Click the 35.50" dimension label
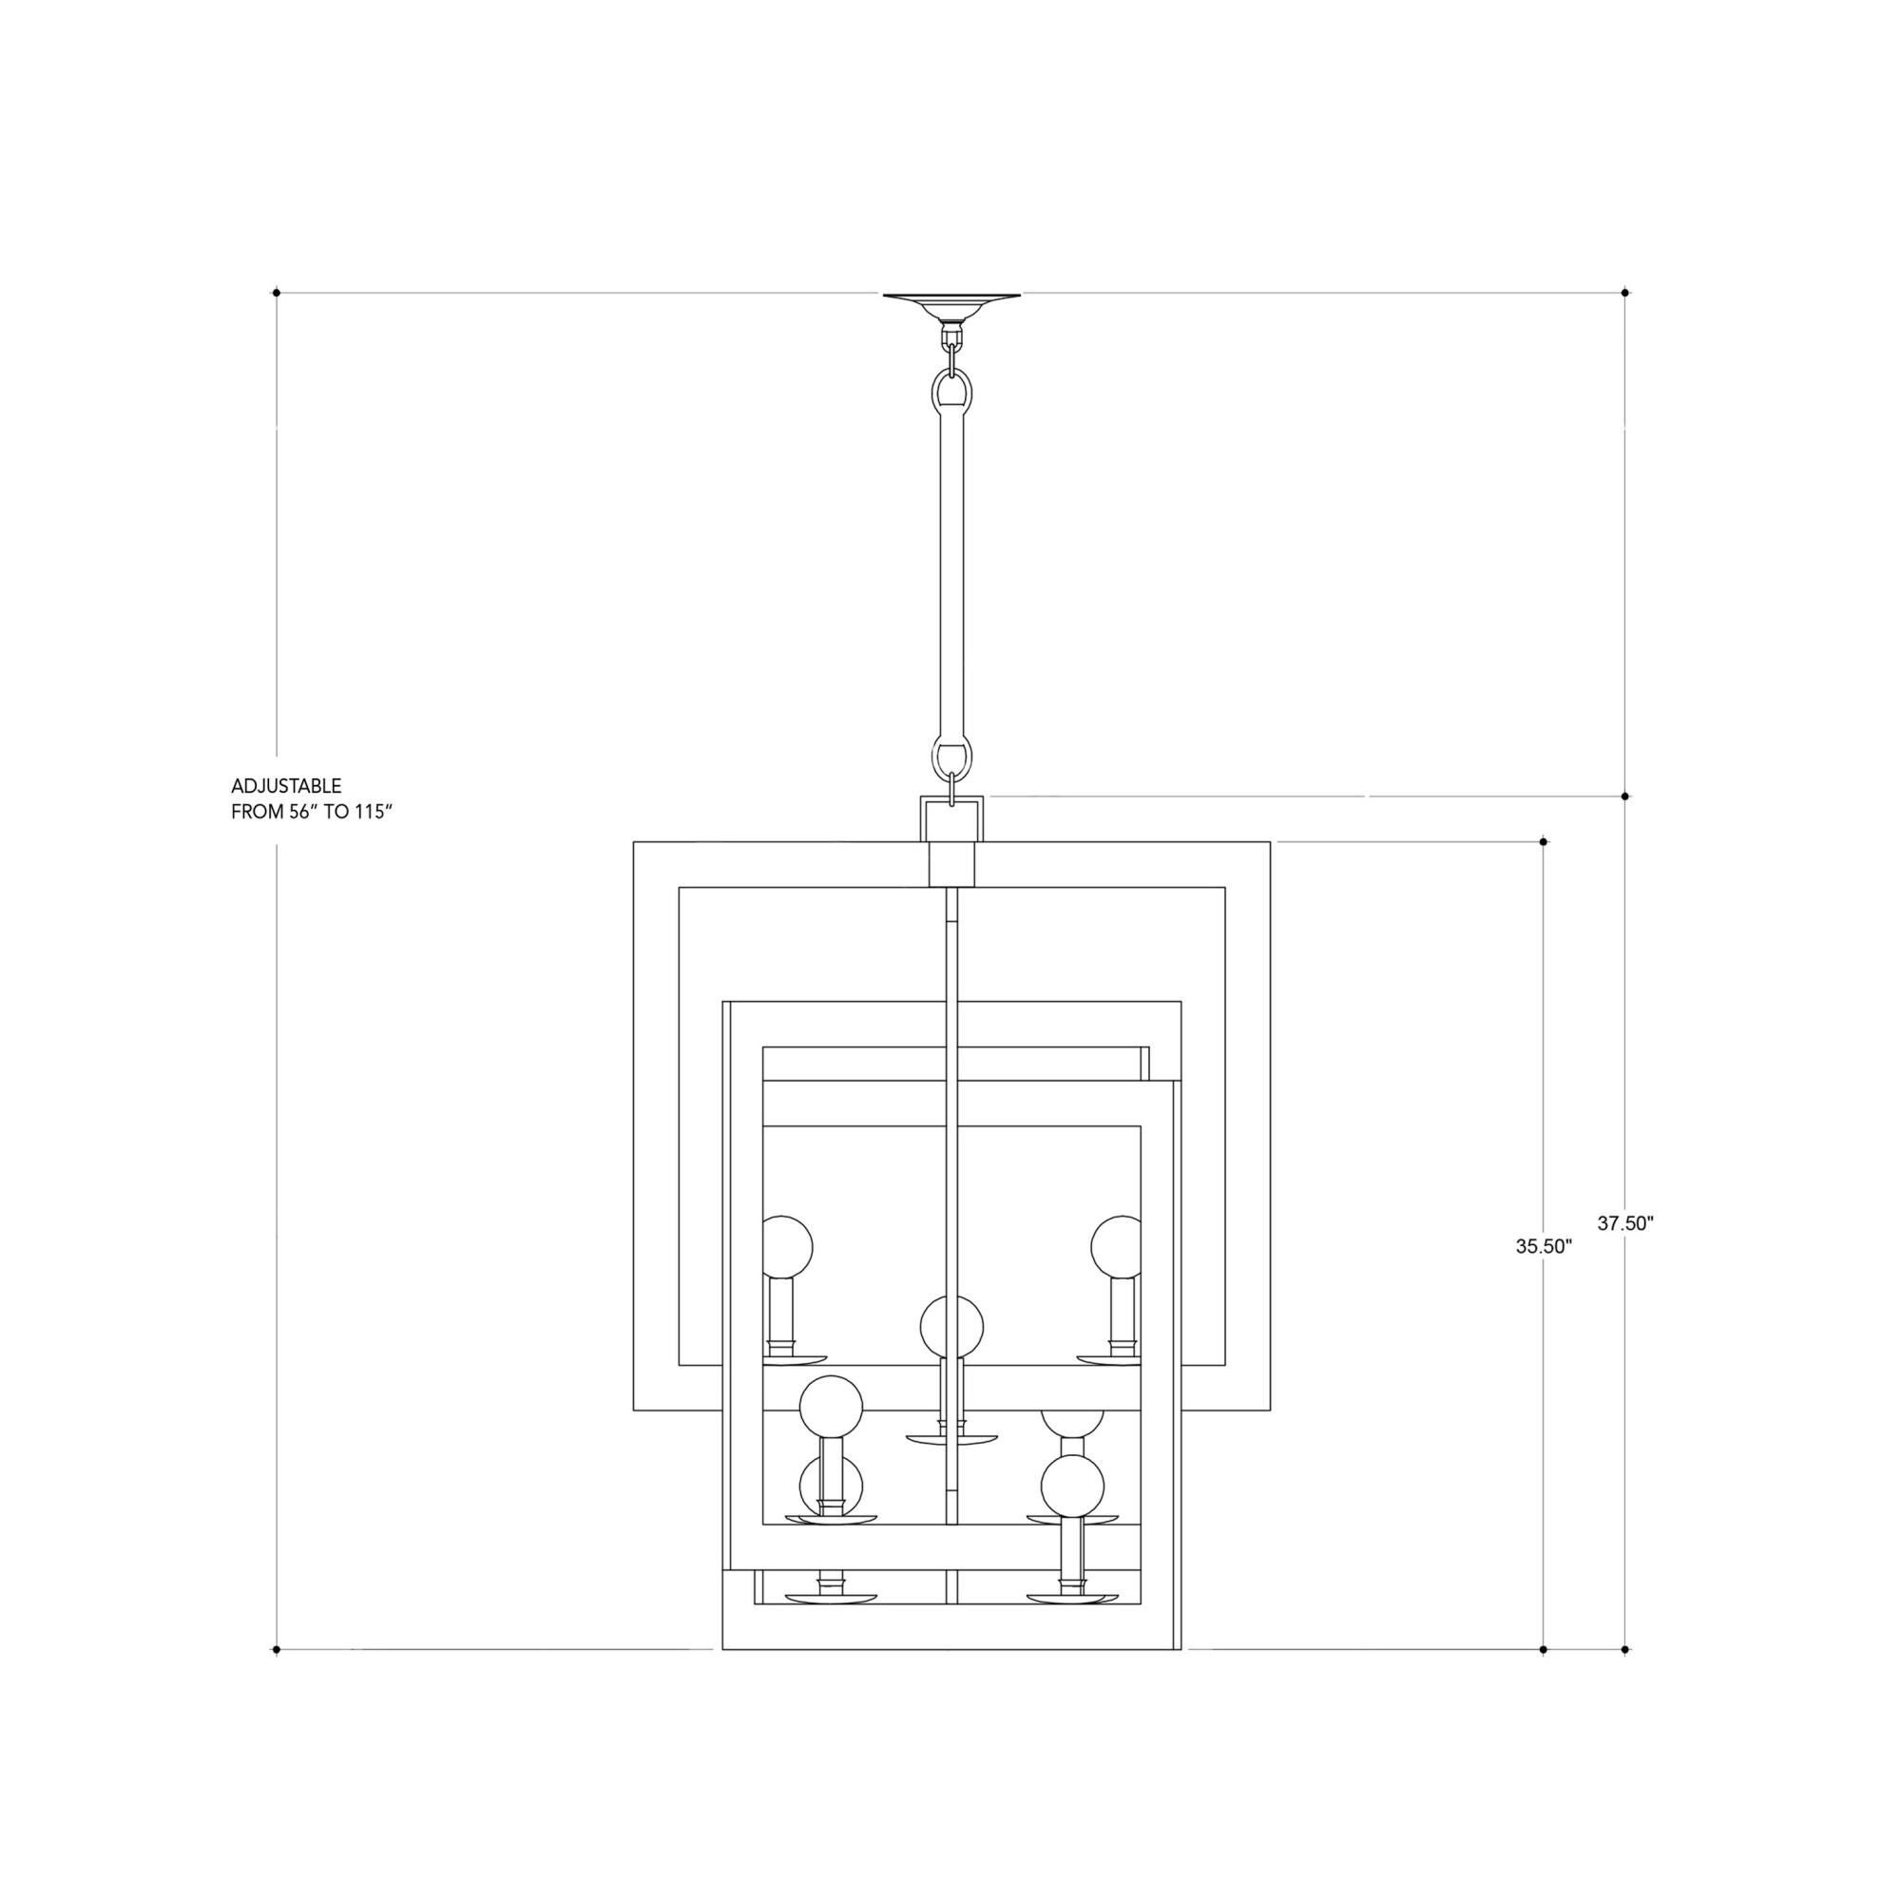point(1544,1246)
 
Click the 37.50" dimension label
point(1625,1224)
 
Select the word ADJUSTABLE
point(286,786)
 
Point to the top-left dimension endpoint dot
point(277,292)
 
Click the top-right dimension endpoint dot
point(1624,292)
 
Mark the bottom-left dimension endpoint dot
point(277,1649)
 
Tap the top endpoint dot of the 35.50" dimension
point(1543,842)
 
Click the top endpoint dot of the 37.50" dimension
point(1624,796)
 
